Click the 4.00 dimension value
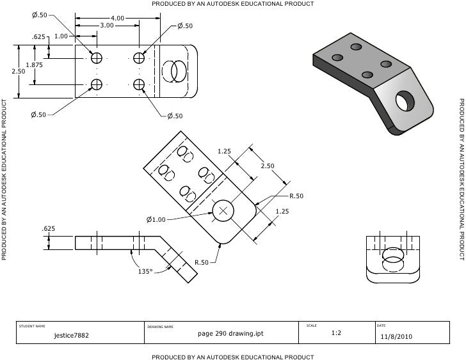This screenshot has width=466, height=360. click(117, 18)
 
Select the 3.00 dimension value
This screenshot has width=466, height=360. click(107, 26)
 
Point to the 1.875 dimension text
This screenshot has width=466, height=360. click(34, 65)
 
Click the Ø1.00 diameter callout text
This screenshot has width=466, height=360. click(156, 220)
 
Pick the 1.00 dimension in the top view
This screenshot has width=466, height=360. click(61, 36)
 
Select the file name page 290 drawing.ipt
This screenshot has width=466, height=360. click(230, 334)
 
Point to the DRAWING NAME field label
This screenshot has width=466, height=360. click(161, 327)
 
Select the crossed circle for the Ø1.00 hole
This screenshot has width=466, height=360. click(223, 210)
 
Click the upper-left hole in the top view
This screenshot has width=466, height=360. click(97, 58)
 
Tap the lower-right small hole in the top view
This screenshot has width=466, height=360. click(140, 84)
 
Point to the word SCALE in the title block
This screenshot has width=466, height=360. click(312, 326)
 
